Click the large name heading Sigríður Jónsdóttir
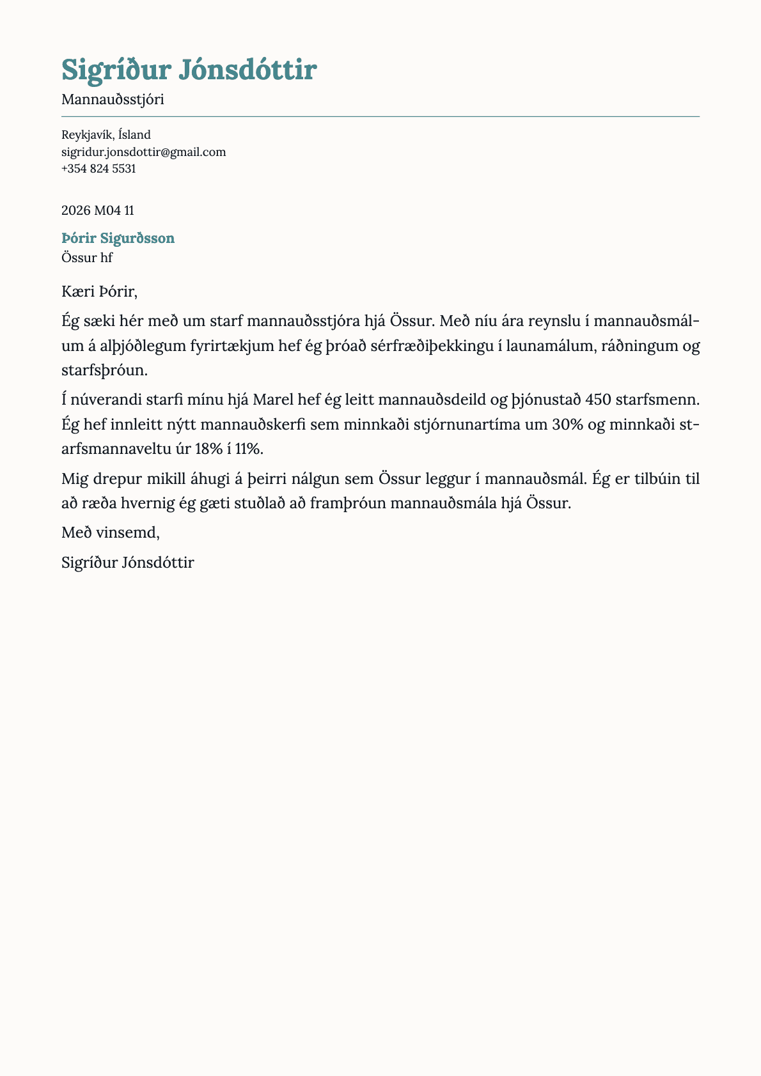189,70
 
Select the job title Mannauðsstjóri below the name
113,100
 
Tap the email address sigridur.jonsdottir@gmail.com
143,152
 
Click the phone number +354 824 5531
98,169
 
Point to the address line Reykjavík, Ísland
106,135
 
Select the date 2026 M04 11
98,210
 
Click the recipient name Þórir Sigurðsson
118,238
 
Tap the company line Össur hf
87,258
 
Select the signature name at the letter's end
128,563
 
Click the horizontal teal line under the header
380,117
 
